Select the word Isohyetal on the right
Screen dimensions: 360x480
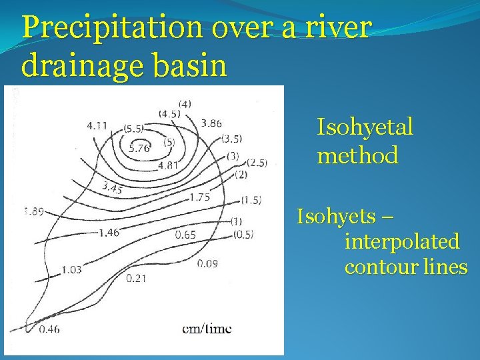[365, 127]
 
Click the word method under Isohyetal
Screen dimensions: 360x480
[357, 156]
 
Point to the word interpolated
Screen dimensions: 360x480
[401, 241]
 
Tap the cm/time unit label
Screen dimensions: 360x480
[207, 329]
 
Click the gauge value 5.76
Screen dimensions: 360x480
[139, 148]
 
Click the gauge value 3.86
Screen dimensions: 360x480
[211, 123]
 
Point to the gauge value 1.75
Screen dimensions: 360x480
[199, 197]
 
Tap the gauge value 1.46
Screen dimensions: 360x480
[108, 233]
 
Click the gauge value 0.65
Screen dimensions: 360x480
[185, 234]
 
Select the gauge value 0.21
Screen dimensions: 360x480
[135, 277]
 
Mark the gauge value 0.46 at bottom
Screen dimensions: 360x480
[49, 329]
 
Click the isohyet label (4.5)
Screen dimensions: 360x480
[169, 113]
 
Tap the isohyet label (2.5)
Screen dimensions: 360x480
[257, 163]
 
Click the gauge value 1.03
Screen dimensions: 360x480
[71, 269]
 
